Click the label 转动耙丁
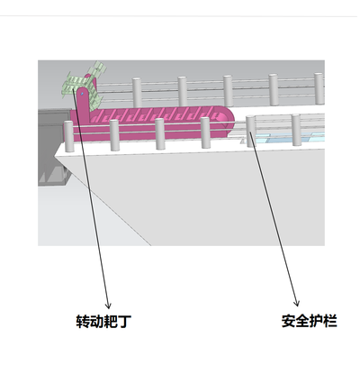pos(103,322)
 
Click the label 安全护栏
pos(309,321)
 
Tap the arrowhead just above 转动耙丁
pos(108,306)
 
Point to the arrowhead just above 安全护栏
pos(297,303)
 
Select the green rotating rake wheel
pos(84,82)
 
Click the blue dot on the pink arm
pos(82,94)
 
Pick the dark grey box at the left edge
pos(51,147)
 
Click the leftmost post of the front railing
pos(69,136)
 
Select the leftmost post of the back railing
pos(137,93)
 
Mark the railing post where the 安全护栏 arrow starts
pos(250,131)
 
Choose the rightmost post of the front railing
pos(296,130)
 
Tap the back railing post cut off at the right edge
pos(319,88)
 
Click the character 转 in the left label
pos(83,322)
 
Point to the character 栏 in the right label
pos(330,321)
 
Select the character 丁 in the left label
pos(124,322)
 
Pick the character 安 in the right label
pos(288,321)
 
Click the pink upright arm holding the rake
pos(85,102)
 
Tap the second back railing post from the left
pos(183,91)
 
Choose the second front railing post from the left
pos(114,135)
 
